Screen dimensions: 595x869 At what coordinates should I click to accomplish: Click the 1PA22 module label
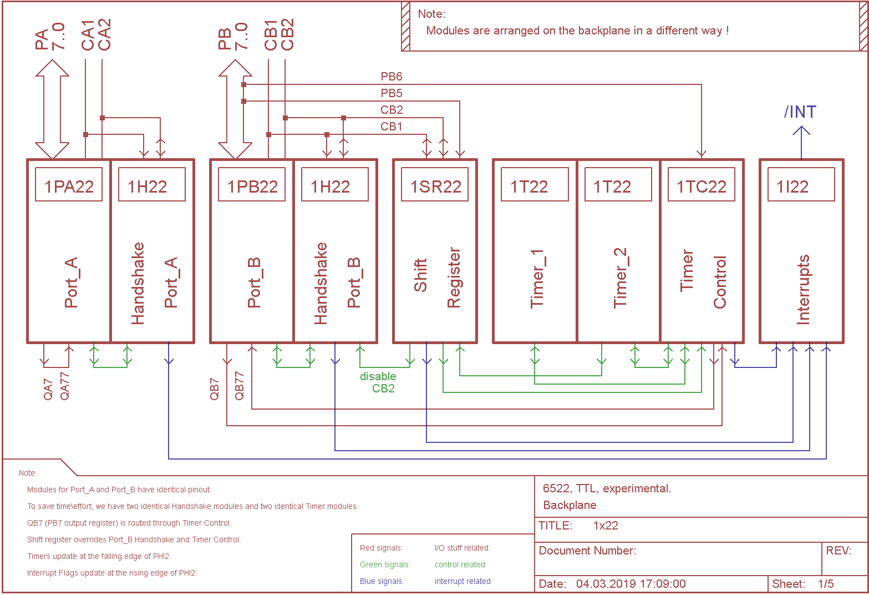[x=69, y=186]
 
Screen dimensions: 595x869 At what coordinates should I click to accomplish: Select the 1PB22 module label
[x=252, y=186]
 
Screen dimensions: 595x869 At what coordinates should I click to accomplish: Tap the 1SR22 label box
[x=435, y=186]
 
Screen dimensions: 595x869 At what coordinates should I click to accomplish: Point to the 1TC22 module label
[x=702, y=186]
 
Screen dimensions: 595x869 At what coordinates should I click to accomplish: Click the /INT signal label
[x=800, y=112]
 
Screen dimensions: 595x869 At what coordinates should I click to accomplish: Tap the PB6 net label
[x=391, y=77]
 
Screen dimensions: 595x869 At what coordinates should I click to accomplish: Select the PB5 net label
[x=391, y=93]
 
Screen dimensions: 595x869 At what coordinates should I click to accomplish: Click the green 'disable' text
[x=378, y=376]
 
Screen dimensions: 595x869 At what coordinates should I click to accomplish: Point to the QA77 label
[x=65, y=386]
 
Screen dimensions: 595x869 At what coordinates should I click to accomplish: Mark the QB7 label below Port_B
[x=215, y=389]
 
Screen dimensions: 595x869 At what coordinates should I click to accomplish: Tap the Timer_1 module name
[x=537, y=278]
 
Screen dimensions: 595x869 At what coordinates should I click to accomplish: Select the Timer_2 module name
[x=620, y=278]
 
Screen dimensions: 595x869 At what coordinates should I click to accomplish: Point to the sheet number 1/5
[x=825, y=584]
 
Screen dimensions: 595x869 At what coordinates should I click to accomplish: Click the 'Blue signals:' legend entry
[x=382, y=581]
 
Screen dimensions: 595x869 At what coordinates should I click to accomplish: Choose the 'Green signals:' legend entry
[x=385, y=564]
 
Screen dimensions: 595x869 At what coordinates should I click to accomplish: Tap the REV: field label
[x=838, y=551]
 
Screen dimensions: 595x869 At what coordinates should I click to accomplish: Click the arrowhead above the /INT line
[x=801, y=131]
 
